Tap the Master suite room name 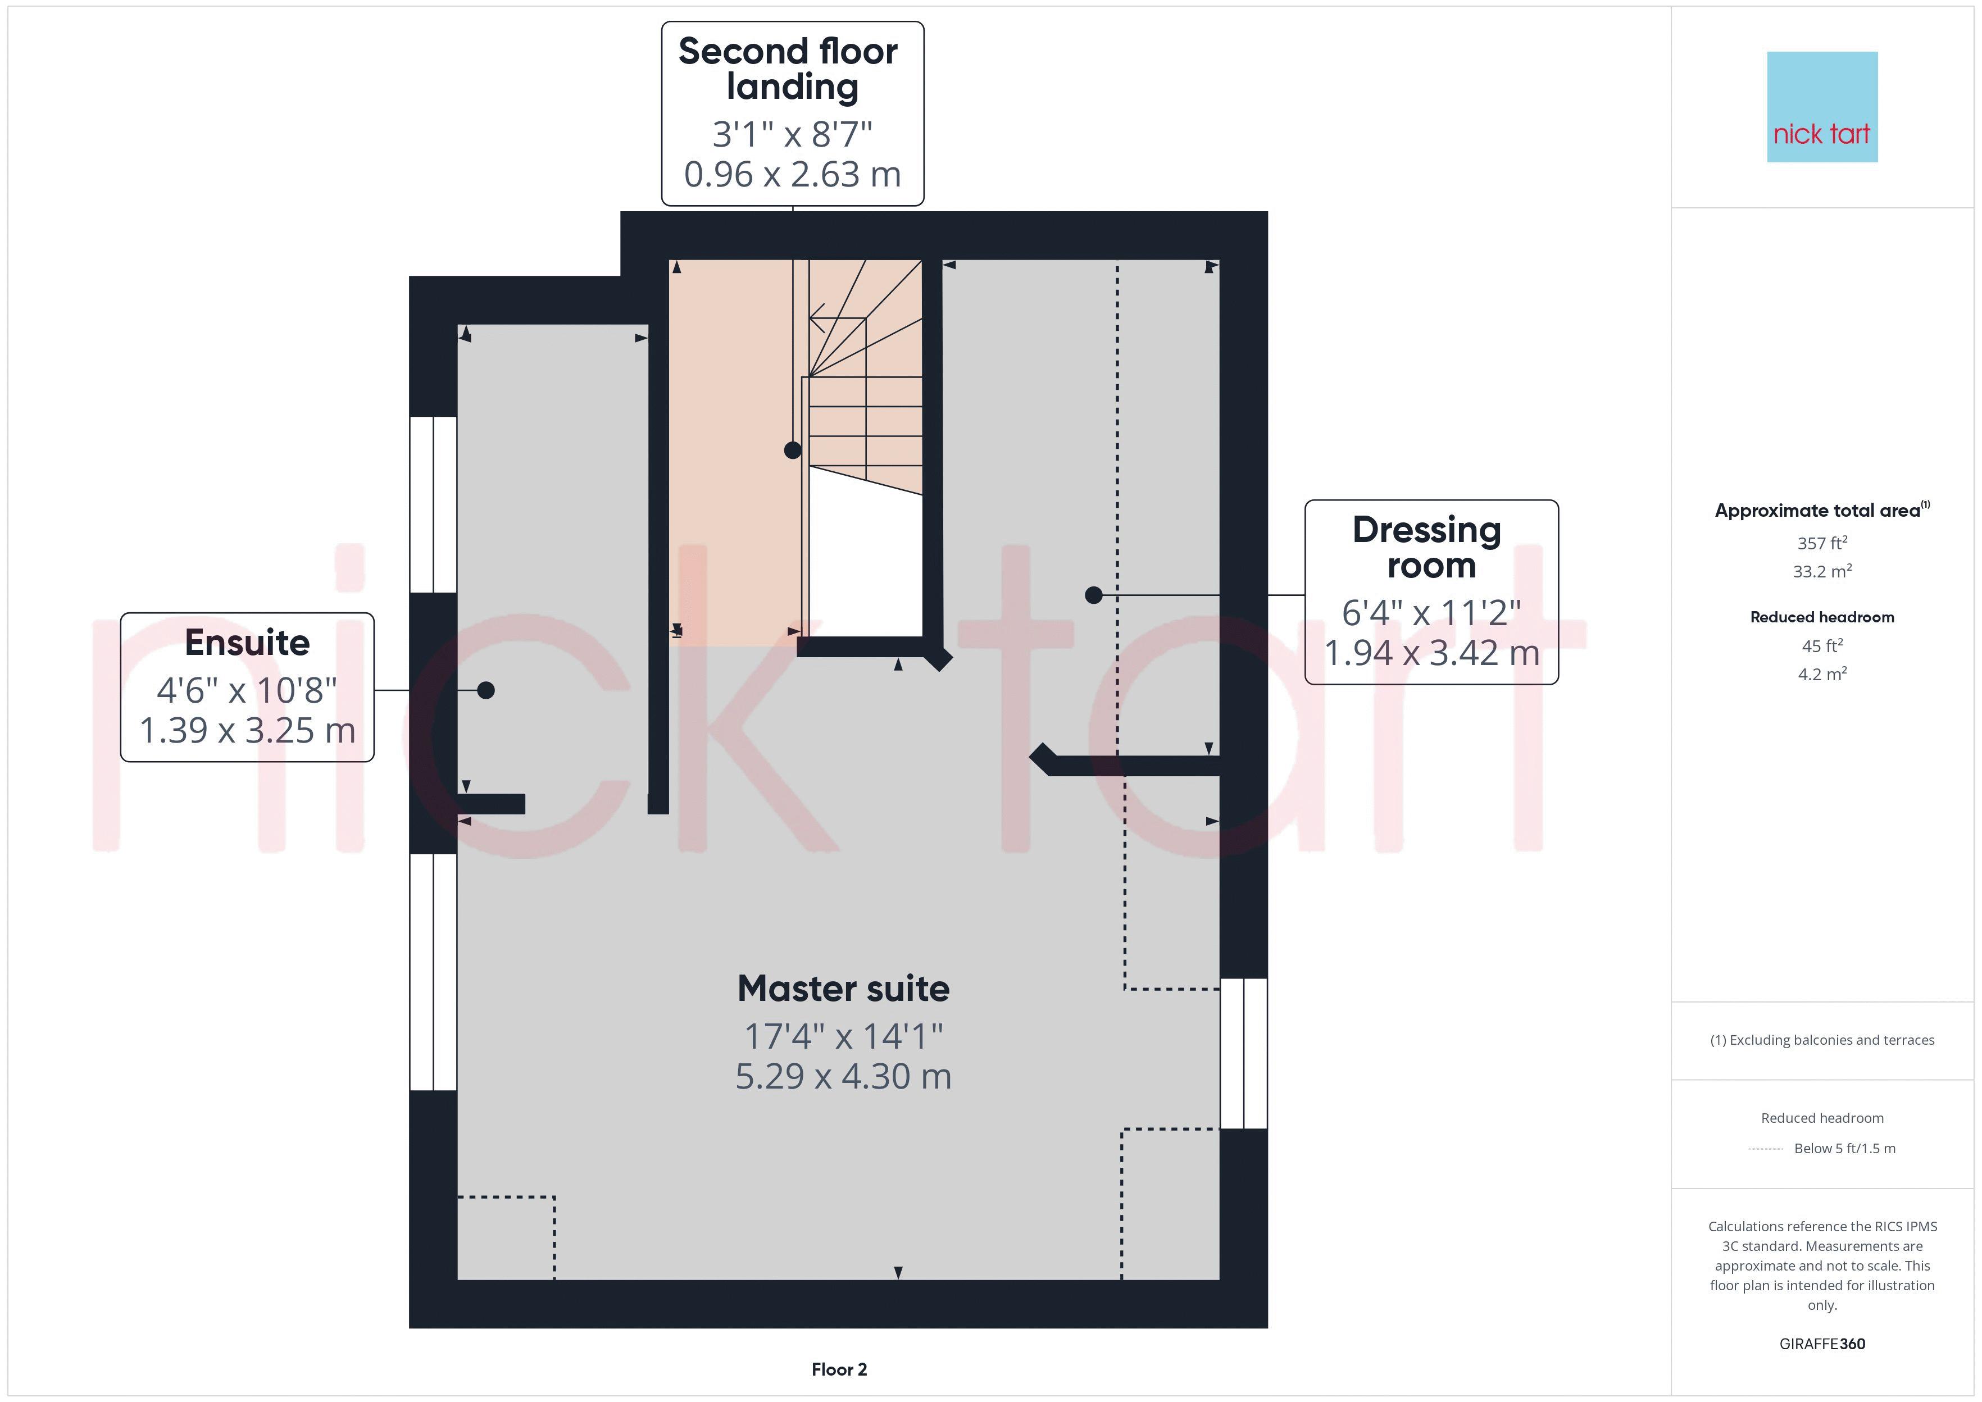click(x=843, y=989)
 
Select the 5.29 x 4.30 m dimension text click(x=843, y=1077)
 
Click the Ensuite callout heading click(x=247, y=643)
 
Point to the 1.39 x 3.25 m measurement click(x=247, y=730)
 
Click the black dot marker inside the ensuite click(x=486, y=690)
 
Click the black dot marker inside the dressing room click(x=1093, y=595)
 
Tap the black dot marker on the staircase click(x=793, y=450)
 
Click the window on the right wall click(x=1243, y=1053)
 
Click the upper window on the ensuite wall click(x=433, y=504)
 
